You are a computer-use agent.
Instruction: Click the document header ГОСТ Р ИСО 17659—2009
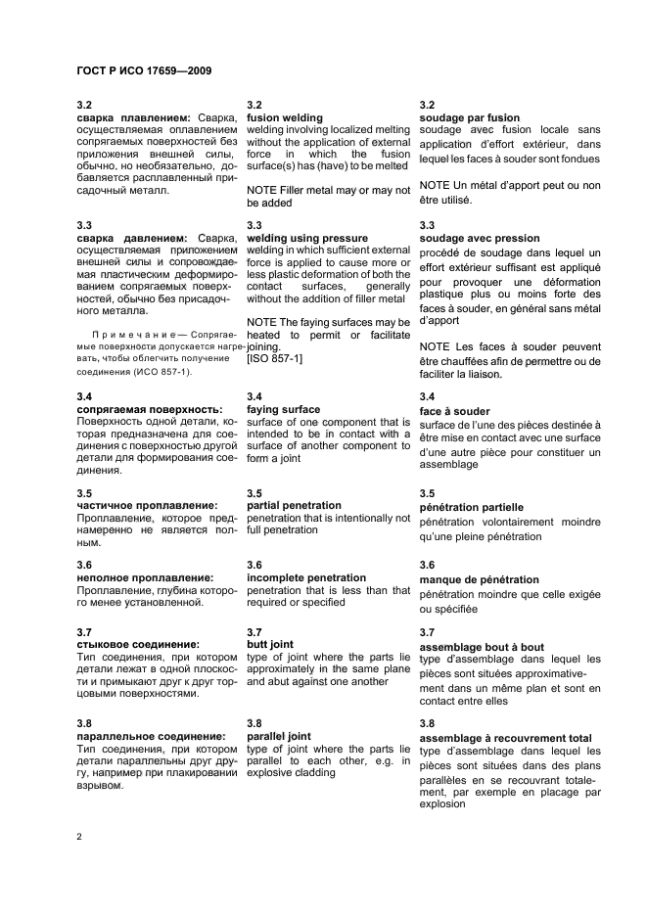pos(144,70)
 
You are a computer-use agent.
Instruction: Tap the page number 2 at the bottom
pos(79,838)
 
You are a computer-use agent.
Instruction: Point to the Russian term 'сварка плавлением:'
pos(133,117)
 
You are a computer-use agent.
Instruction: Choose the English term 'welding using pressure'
pos(307,238)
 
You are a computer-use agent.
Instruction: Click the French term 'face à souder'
pos(454,411)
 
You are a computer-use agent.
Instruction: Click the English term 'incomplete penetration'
pos(306,578)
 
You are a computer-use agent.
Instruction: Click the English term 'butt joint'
pos(270,645)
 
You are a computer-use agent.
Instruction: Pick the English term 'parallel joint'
pos(279,737)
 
